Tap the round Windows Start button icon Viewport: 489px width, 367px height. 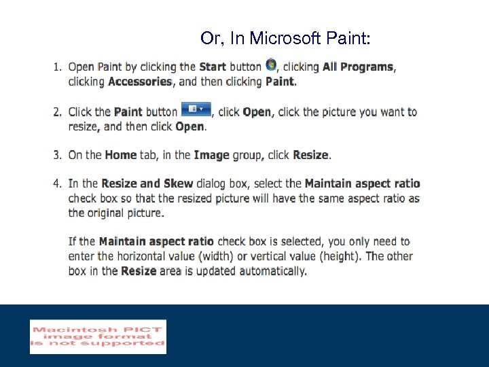(271, 65)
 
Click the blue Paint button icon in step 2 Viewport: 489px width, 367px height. (196, 109)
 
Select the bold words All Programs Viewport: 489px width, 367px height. (358, 67)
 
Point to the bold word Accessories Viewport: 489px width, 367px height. (140, 82)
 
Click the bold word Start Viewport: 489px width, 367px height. (213, 67)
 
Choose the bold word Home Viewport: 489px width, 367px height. (121, 155)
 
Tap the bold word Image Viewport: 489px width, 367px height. (212, 155)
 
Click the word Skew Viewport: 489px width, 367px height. (178, 183)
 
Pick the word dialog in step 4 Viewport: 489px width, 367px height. (214, 183)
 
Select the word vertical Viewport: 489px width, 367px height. (270, 256)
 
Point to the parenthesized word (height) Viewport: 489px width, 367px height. (333, 256)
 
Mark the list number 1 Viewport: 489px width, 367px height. (57, 67)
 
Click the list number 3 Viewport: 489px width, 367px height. (57, 155)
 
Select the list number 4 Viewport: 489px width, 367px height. (57, 183)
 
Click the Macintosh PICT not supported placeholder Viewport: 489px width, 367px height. (98, 336)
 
